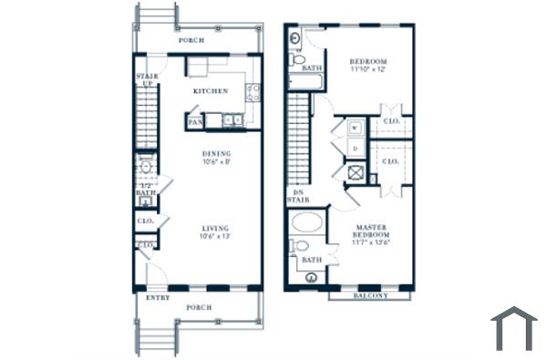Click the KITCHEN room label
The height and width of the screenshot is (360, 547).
pyautogui.click(x=210, y=91)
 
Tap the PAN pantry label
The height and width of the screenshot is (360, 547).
pyautogui.click(x=194, y=120)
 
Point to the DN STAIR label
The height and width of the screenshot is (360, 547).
pyautogui.click(x=296, y=198)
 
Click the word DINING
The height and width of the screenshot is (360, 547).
pyautogui.click(x=216, y=153)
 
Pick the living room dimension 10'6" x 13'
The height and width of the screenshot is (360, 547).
pyautogui.click(x=216, y=236)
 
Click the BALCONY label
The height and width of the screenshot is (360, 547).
pyautogui.click(x=369, y=295)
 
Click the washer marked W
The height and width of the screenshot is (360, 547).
pyautogui.click(x=355, y=127)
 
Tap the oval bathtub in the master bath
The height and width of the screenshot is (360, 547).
pyautogui.click(x=307, y=221)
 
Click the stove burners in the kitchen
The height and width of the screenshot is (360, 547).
pyautogui.click(x=253, y=92)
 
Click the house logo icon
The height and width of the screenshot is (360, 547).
pyautogui.click(x=513, y=328)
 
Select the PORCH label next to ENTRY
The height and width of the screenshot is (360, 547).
pyautogui.click(x=199, y=307)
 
